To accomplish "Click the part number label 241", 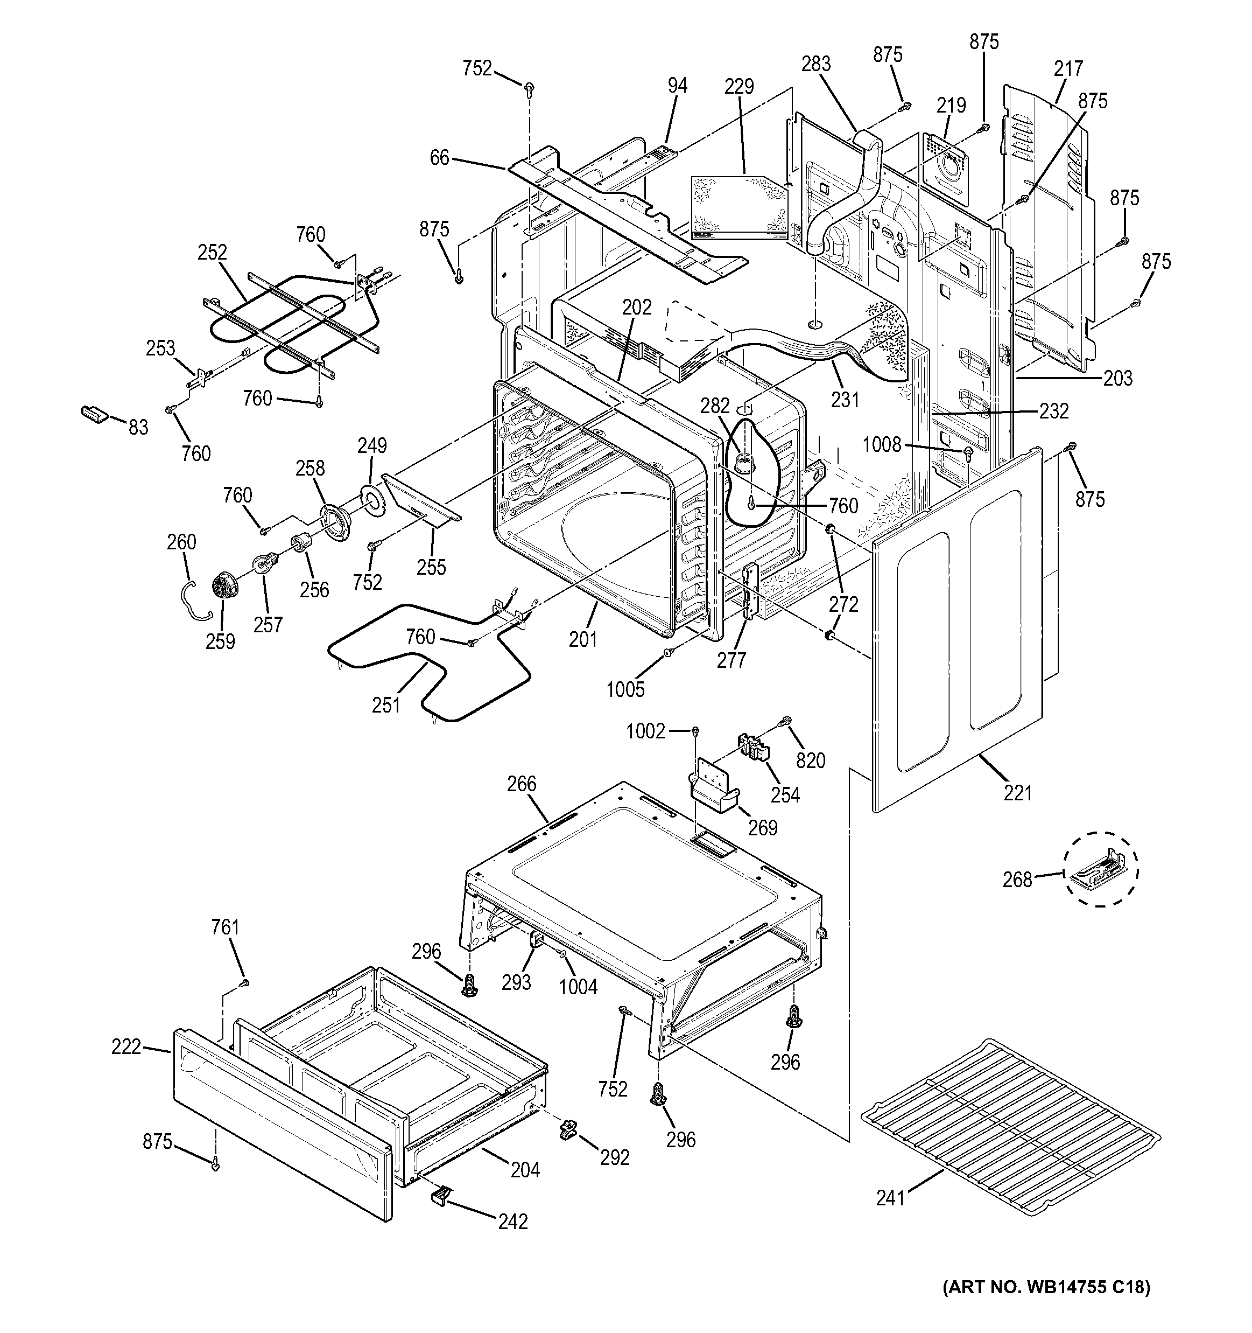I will (x=890, y=1198).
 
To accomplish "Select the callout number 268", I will (x=1017, y=879).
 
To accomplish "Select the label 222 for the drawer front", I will (x=126, y=1046).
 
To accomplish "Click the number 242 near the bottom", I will (x=513, y=1222).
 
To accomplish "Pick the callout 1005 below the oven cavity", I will (x=625, y=689).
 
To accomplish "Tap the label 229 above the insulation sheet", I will (x=739, y=87).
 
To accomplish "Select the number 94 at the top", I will (x=677, y=85).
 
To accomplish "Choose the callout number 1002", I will (x=645, y=731).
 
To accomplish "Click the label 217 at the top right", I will (x=1068, y=68).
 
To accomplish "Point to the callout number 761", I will (x=225, y=927).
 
